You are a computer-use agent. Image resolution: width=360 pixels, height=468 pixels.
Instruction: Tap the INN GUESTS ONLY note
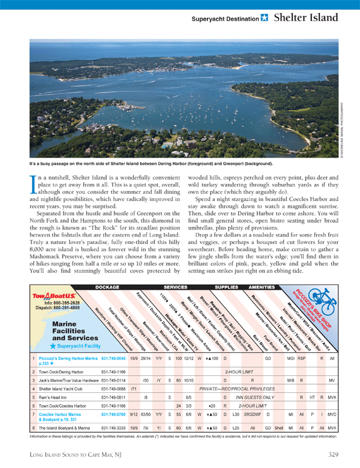[x=255, y=397]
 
